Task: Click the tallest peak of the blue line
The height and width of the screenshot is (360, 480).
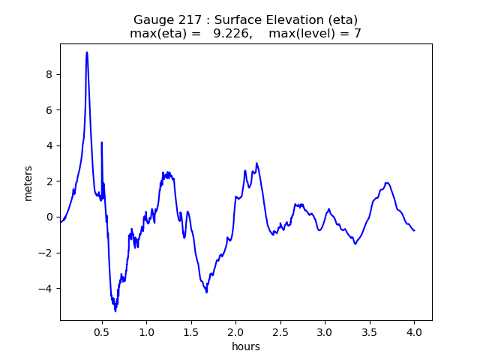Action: (x=87, y=52)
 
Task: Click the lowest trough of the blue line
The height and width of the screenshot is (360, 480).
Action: (x=115, y=310)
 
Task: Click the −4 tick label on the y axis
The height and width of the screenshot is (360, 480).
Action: (x=46, y=289)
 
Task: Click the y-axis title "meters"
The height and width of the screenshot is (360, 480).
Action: (x=28, y=183)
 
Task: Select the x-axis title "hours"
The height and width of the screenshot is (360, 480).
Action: (x=246, y=346)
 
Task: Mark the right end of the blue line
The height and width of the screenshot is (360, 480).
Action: (x=414, y=230)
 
